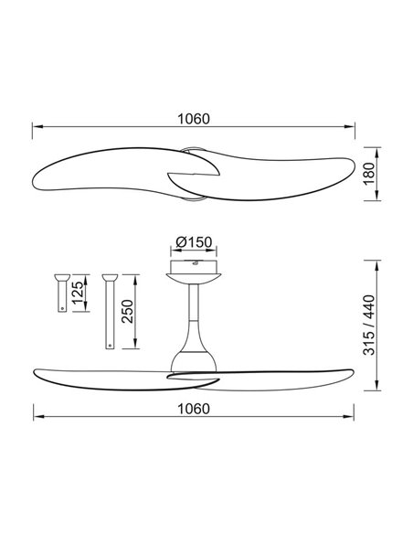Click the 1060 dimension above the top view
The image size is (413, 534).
coord(193,118)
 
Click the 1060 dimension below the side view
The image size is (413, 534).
coord(193,407)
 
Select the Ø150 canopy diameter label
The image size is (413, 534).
coord(193,242)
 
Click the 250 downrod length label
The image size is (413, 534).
coord(128,311)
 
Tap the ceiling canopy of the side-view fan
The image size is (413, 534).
coord(193,272)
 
